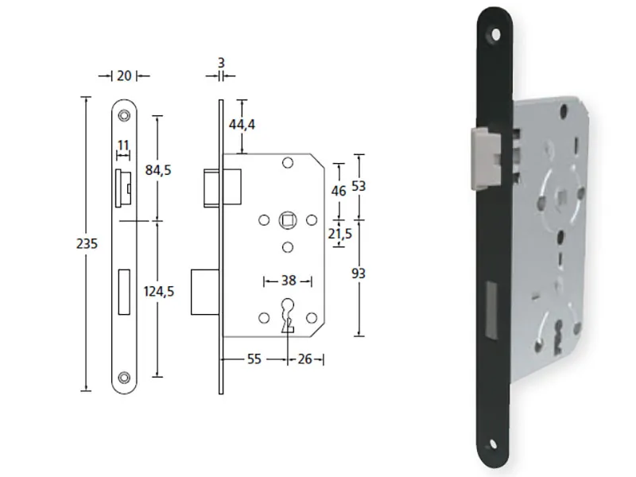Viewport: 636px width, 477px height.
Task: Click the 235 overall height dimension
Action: coord(87,244)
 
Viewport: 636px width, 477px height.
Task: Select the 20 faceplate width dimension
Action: coord(124,76)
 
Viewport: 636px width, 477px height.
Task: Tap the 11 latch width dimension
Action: coord(123,145)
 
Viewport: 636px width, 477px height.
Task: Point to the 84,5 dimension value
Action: coord(158,170)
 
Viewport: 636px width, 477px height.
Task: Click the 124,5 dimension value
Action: coord(158,291)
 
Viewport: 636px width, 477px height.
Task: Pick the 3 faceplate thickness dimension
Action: coord(221,63)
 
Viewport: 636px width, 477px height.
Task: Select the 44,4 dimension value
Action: coord(242,125)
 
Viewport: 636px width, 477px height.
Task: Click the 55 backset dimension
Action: coord(254,359)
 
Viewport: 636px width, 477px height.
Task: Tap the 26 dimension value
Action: coord(305,359)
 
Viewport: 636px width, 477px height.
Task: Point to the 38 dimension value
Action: coord(289,281)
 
